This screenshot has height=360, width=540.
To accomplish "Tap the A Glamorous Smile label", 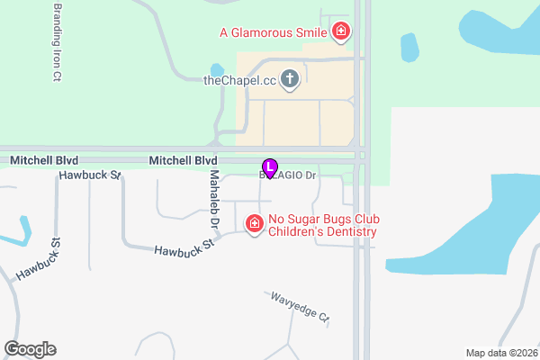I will (273, 33).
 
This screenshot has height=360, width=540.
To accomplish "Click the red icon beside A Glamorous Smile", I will (341, 33).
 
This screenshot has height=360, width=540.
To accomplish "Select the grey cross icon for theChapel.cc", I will (290, 80).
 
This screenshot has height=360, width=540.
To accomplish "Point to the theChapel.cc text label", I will (239, 80).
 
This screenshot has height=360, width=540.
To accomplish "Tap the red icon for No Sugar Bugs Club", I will (255, 223).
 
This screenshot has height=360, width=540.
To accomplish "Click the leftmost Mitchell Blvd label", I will (44, 160).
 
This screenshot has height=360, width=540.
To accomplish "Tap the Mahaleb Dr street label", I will (215, 198).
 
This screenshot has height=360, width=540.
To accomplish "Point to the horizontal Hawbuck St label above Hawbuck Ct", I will (90, 175).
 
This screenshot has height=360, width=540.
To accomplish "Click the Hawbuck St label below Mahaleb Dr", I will (184, 249).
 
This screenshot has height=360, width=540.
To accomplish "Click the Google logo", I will (30, 349).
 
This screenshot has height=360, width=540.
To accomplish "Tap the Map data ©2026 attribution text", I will (500, 353).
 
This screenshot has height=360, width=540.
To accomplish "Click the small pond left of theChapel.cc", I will (217, 70).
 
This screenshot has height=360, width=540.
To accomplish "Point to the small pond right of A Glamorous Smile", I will (409, 44).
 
